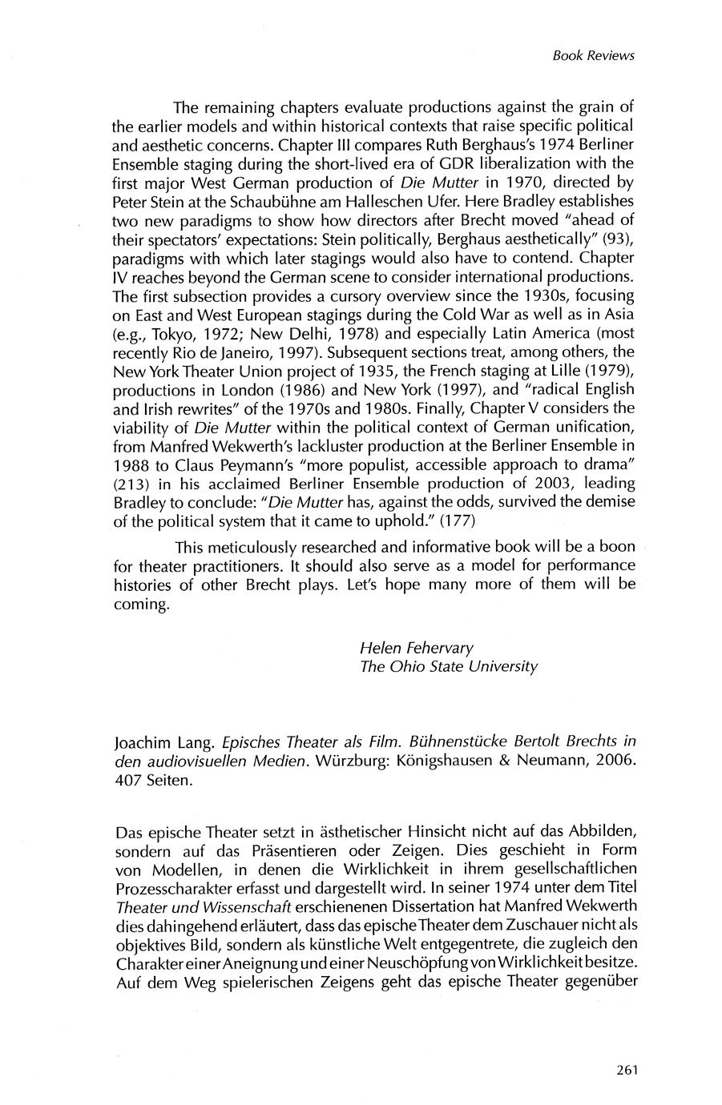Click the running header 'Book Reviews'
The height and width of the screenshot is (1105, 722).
click(x=593, y=55)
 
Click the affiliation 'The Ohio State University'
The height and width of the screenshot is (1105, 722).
click(x=448, y=666)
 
